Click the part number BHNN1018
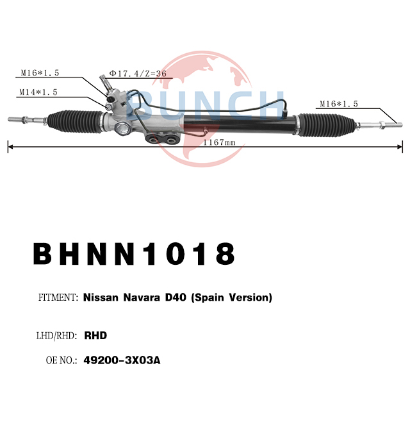134,254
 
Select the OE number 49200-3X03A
122,360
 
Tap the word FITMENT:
58,298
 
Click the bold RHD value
95,335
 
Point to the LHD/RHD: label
56,335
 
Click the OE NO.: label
61,360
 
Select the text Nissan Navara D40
135,298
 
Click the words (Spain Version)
232,298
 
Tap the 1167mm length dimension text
219,142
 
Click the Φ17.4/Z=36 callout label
138,73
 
